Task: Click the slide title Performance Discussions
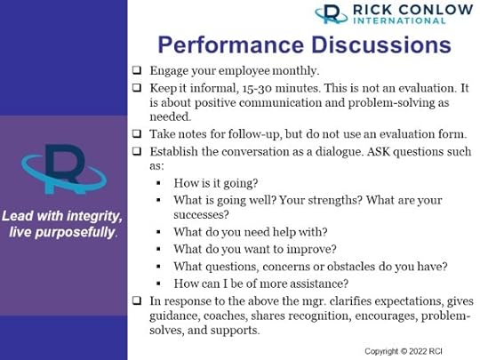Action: click(x=303, y=44)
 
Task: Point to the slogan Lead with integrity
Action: click(x=62, y=216)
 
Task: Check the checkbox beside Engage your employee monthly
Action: click(x=137, y=69)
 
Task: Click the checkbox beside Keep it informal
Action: click(x=137, y=87)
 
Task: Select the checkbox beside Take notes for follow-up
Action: click(x=137, y=133)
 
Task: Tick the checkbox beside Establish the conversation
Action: click(x=137, y=151)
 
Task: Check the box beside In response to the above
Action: click(x=137, y=300)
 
